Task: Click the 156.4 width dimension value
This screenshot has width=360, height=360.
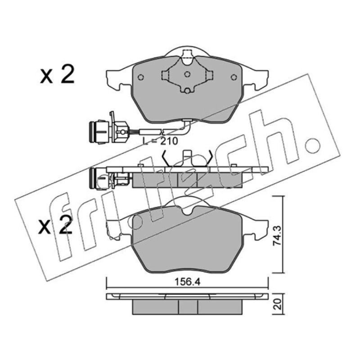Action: (x=187, y=282)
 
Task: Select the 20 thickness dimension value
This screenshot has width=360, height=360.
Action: (x=278, y=304)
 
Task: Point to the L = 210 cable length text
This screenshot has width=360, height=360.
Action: (x=160, y=141)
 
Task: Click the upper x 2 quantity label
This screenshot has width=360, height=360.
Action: (x=57, y=74)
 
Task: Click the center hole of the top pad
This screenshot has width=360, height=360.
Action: (x=187, y=74)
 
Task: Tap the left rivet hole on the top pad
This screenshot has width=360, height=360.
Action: (x=141, y=77)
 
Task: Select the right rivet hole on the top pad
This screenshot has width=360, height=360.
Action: (x=234, y=77)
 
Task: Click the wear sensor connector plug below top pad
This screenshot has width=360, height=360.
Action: (x=99, y=132)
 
